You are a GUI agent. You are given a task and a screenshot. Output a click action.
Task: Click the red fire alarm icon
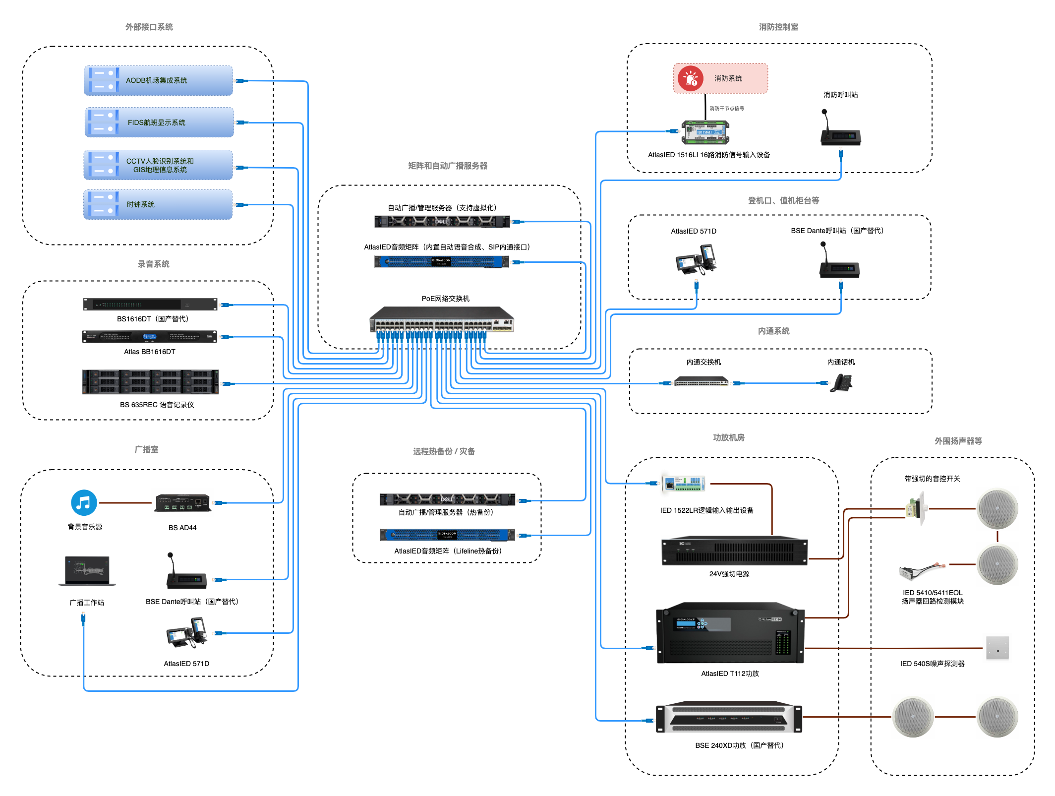691,78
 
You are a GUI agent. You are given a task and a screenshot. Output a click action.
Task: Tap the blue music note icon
84,502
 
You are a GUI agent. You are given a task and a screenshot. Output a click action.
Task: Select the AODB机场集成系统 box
158,80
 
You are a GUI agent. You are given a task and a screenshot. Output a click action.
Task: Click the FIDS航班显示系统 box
159,122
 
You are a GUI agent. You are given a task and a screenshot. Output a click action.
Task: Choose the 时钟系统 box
158,204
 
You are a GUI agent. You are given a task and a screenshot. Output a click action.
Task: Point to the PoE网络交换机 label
445,299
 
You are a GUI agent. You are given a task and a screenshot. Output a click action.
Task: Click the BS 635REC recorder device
150,382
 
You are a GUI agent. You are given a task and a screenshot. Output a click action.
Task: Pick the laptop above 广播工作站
87,571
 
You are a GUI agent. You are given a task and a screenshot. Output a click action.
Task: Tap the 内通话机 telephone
841,383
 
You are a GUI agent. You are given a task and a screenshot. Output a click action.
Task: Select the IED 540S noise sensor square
997,648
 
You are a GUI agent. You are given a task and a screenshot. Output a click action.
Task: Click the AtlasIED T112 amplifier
730,633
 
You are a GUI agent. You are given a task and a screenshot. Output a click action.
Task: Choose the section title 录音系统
154,264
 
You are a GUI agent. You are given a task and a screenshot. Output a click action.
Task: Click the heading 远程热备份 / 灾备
444,451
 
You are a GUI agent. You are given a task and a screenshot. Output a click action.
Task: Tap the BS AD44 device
183,503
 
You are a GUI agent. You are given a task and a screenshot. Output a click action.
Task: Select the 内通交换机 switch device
701,382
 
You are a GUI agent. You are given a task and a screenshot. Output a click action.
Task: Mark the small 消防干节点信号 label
726,109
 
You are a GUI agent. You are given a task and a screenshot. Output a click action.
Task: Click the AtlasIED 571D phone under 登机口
696,260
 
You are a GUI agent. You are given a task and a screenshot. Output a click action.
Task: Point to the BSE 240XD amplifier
729,718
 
